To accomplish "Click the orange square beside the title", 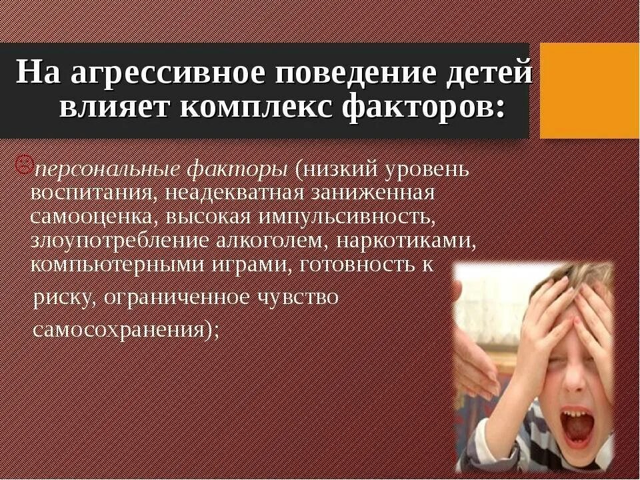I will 589,90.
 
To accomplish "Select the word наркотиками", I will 421,241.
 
